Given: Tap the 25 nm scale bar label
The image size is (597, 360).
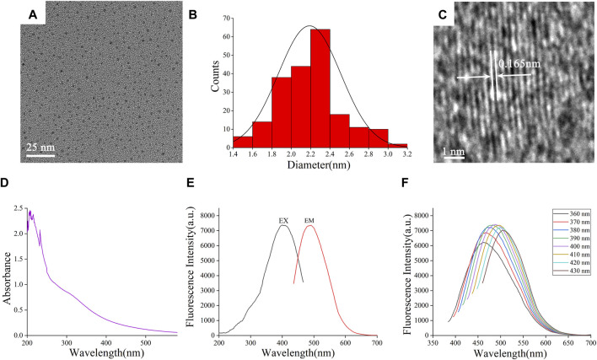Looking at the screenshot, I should (40, 147).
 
